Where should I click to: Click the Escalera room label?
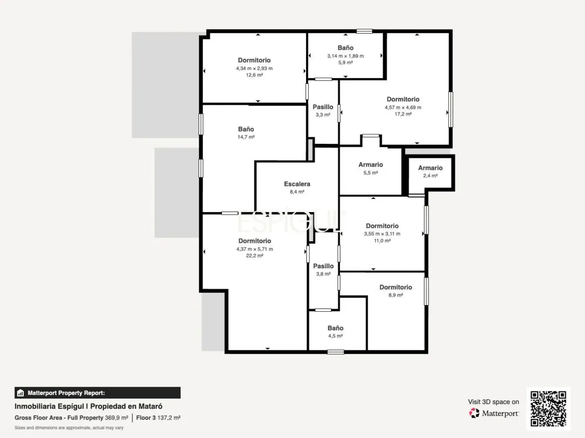(x=297, y=184)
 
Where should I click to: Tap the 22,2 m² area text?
(x=255, y=256)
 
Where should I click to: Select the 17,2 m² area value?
(x=403, y=114)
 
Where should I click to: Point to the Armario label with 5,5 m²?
(x=370, y=165)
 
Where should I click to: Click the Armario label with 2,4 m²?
(x=430, y=168)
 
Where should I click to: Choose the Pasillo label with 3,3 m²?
(x=323, y=107)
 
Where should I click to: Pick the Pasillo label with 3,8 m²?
(x=323, y=266)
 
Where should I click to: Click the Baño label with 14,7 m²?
(x=246, y=129)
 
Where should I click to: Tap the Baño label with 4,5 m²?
(x=335, y=328)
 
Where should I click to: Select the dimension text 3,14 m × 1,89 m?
(x=346, y=56)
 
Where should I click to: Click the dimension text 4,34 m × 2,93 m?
(x=254, y=69)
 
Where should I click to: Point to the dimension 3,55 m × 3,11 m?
(x=382, y=234)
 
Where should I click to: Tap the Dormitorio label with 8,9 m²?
(x=396, y=288)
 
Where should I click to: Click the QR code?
(x=548, y=409)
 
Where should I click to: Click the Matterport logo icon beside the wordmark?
(x=474, y=413)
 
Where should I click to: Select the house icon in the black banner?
(x=21, y=393)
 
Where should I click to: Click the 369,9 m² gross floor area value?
(x=117, y=418)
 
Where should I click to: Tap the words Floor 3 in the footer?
(x=146, y=418)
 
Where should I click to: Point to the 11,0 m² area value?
(x=382, y=241)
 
